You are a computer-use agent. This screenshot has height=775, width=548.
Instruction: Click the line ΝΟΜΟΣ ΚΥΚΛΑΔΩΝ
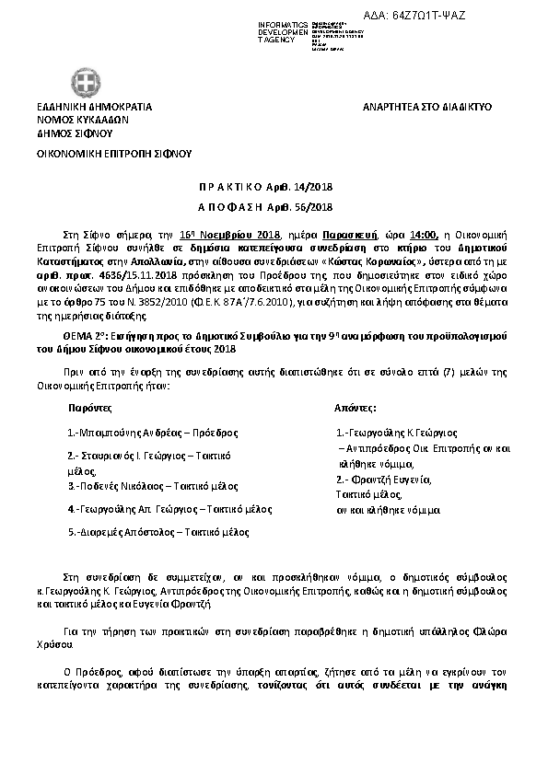pos(82,119)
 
